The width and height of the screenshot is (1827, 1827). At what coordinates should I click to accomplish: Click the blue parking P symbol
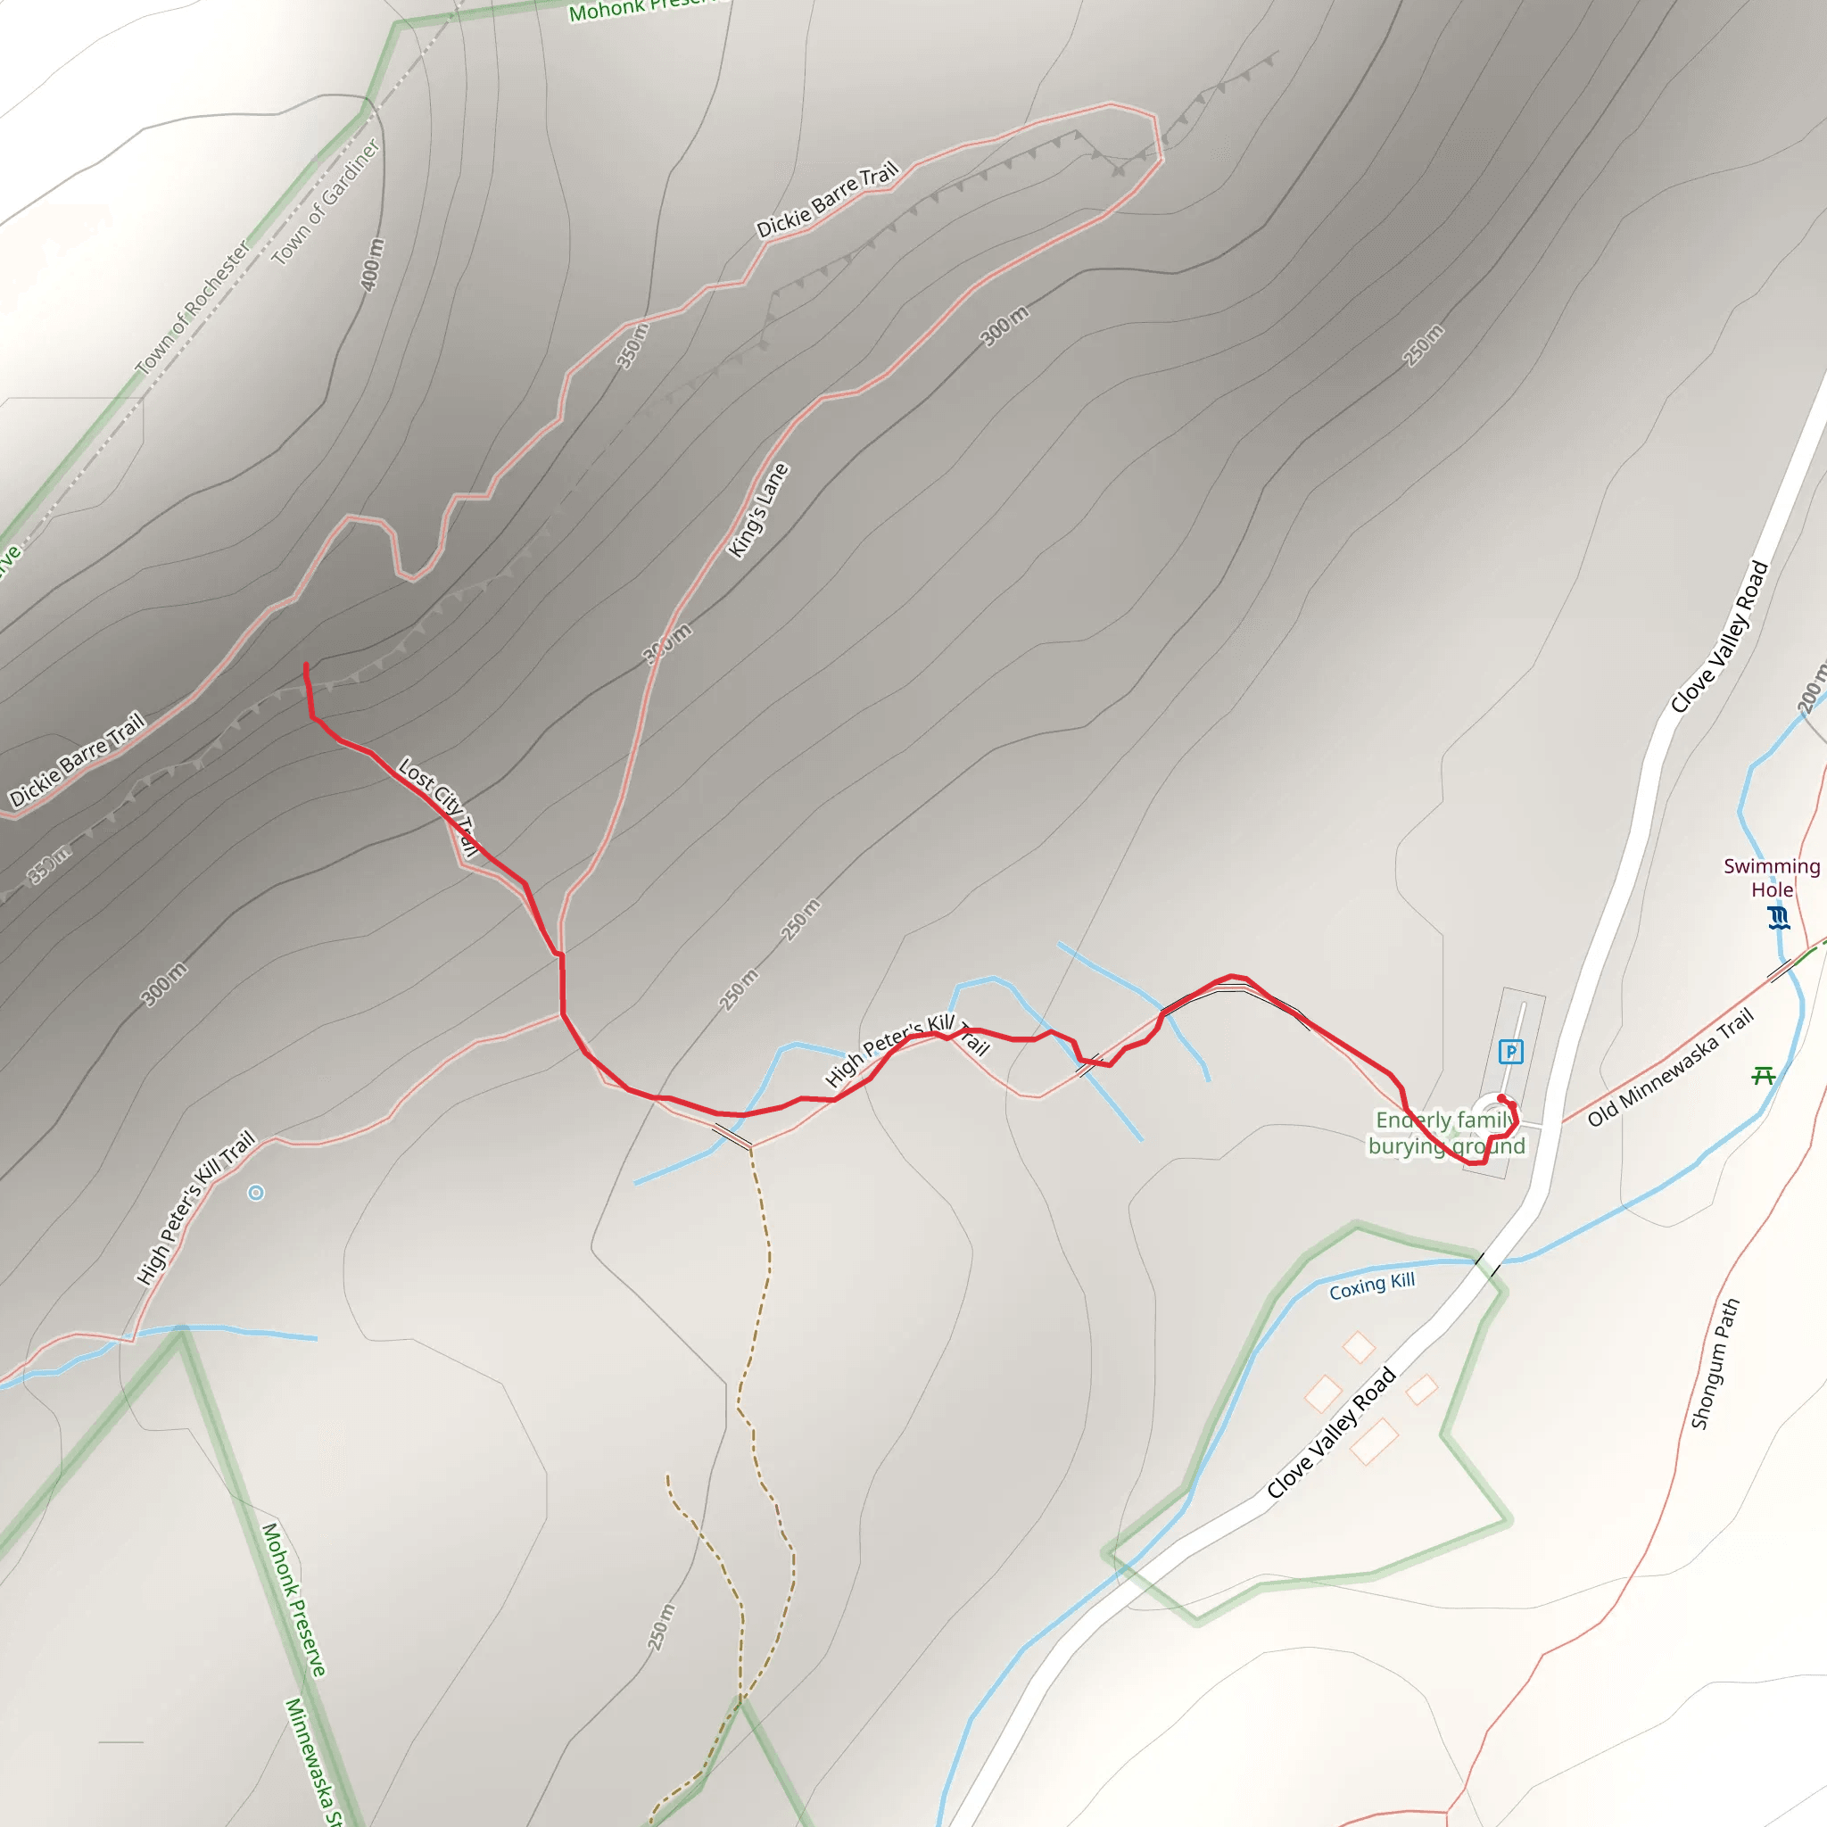(x=1510, y=1052)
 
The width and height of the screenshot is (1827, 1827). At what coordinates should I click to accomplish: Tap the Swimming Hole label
(x=1771, y=878)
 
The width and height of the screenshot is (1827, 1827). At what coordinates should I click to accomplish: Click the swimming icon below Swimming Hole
(x=1779, y=917)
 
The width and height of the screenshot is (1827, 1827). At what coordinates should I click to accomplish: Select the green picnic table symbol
(x=1763, y=1075)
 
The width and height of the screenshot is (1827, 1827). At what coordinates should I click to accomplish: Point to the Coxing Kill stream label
(x=1371, y=1286)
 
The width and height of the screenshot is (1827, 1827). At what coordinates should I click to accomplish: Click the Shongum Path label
(x=1715, y=1364)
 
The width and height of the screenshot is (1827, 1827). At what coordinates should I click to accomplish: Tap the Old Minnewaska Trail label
(x=1670, y=1067)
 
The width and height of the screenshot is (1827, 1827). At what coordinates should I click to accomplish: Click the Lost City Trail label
(x=438, y=805)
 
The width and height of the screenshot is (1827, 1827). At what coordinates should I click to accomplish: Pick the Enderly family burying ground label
(x=1446, y=1133)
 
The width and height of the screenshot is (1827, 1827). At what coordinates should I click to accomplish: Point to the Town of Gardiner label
(x=326, y=202)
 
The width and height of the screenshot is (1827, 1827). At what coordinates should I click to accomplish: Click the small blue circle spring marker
(x=255, y=1193)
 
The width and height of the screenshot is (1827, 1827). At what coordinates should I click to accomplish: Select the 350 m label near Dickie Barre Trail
(x=632, y=345)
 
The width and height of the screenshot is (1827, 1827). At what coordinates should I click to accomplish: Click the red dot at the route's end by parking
(x=1501, y=1098)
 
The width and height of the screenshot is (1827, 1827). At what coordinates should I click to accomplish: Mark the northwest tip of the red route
(x=305, y=665)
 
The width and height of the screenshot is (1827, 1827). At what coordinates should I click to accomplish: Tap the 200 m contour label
(x=1810, y=690)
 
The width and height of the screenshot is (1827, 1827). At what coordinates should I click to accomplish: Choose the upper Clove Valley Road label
(x=1719, y=635)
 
